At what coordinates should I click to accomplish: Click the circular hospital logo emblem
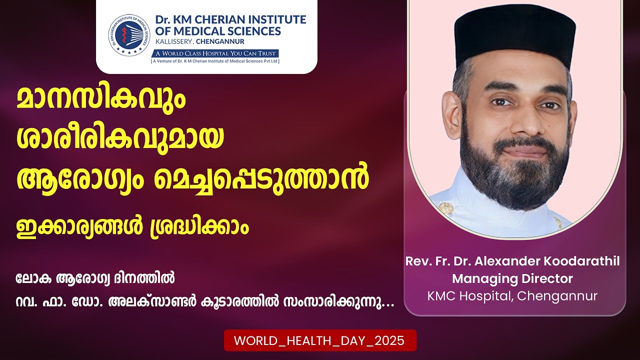pyautogui.click(x=129, y=35)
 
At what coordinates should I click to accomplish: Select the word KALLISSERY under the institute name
pyautogui.click(x=173, y=41)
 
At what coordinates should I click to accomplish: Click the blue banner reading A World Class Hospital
pyautogui.click(x=215, y=53)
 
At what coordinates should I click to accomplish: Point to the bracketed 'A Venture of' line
pyautogui.click(x=215, y=61)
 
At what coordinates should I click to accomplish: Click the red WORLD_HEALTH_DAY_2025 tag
pyautogui.click(x=320, y=340)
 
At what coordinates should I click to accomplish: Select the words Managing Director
pyautogui.click(x=512, y=279)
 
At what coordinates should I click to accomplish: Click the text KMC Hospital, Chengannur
pyautogui.click(x=512, y=296)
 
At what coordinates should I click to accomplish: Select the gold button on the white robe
pyautogui.click(x=446, y=208)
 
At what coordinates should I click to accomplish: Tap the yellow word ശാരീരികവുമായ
pyautogui.click(x=120, y=138)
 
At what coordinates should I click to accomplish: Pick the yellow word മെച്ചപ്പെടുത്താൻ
pyautogui.click(x=261, y=178)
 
